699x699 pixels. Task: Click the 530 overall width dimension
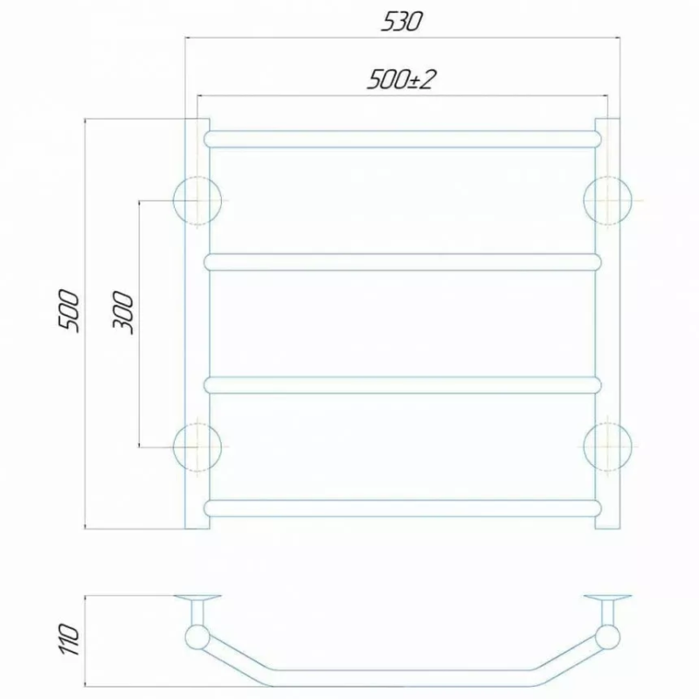pos(401,21)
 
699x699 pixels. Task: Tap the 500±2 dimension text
pos(400,80)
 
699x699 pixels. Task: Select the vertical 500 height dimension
pos(70,311)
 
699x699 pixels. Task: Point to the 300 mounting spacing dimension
pos(122,313)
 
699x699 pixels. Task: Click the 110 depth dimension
pos(70,640)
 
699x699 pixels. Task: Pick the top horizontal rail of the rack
pos(403,139)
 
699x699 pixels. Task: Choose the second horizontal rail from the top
pos(403,262)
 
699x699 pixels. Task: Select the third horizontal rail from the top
pos(403,385)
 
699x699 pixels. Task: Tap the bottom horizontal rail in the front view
pos(403,509)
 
